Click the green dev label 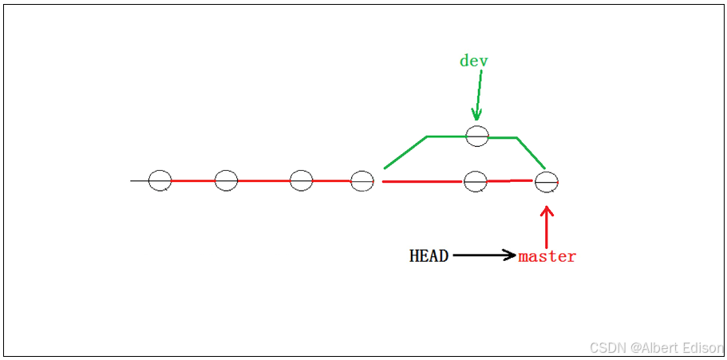click(x=473, y=61)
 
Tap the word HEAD click(x=429, y=256)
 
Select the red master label click(x=547, y=256)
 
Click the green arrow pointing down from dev click(x=479, y=96)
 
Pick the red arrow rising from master click(x=547, y=227)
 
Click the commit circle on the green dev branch click(x=477, y=136)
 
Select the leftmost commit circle click(x=160, y=181)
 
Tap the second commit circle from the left click(x=226, y=181)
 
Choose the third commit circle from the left click(x=301, y=181)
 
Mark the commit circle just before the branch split click(x=362, y=182)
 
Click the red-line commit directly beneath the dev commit click(x=476, y=182)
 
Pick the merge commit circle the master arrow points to click(x=547, y=182)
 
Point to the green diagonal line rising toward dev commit click(x=405, y=152)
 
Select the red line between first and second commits click(x=193, y=181)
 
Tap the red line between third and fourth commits click(x=331, y=181)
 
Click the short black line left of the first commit click(x=140, y=181)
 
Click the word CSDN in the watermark click(x=606, y=348)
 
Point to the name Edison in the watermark click(x=701, y=348)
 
